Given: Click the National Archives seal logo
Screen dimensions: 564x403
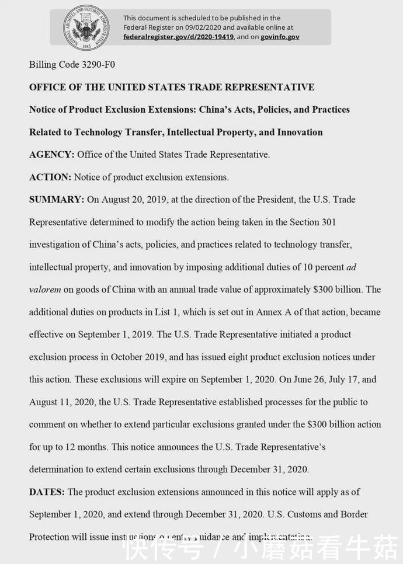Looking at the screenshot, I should point(86,27).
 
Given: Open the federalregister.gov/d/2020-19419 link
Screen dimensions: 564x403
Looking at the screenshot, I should point(178,36).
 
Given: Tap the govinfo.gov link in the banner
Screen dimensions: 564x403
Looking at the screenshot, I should point(280,36).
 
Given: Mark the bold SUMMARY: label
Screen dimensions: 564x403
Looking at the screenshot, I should point(57,200).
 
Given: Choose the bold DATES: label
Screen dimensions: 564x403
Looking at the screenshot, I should point(47,492).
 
